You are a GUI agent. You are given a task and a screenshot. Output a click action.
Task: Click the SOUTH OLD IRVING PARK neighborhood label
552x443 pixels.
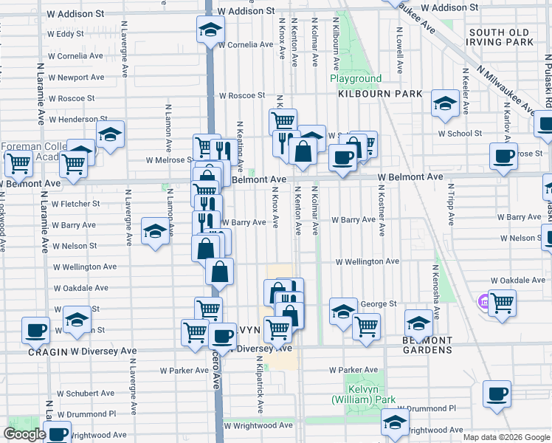click(x=500, y=37)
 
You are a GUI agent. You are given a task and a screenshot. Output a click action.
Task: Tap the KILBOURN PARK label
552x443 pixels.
click(x=380, y=94)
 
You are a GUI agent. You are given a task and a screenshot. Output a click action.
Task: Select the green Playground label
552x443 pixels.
click(x=356, y=78)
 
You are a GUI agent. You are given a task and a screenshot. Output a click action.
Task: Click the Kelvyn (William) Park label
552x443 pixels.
click(x=363, y=394)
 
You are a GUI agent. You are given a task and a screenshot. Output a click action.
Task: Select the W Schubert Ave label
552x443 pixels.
click(x=86, y=394)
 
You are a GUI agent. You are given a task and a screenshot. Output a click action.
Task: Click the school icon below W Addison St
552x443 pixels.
click(x=210, y=30)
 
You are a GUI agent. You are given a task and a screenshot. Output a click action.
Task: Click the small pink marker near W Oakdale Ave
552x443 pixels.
click(x=484, y=301)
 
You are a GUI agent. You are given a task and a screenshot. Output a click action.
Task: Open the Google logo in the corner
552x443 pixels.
click(x=24, y=434)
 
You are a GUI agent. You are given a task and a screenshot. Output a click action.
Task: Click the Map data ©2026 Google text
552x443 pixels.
click(x=506, y=437)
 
